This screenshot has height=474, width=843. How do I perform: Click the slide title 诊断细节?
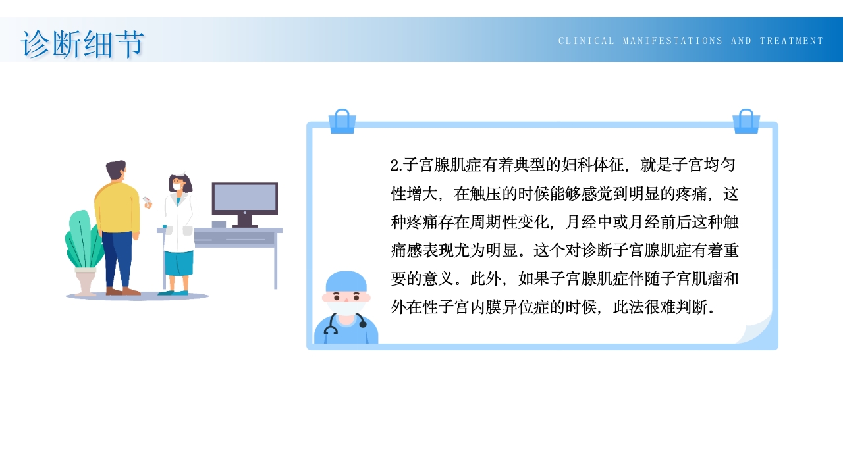click(82, 44)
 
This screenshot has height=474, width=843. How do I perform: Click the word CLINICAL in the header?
click(586, 41)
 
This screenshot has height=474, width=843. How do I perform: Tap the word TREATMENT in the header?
click(792, 41)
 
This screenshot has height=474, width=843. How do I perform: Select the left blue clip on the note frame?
click(342, 122)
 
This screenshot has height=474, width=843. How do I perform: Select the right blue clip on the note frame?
click(746, 122)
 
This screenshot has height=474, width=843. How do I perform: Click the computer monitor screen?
click(244, 197)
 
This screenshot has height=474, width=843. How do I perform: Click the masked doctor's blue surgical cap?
click(346, 281)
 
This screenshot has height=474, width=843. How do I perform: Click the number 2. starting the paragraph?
click(396, 165)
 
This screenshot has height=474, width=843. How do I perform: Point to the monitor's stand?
click(244, 221)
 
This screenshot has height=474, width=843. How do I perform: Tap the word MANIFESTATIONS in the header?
click(672, 41)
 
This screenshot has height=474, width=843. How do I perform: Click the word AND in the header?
click(741, 41)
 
